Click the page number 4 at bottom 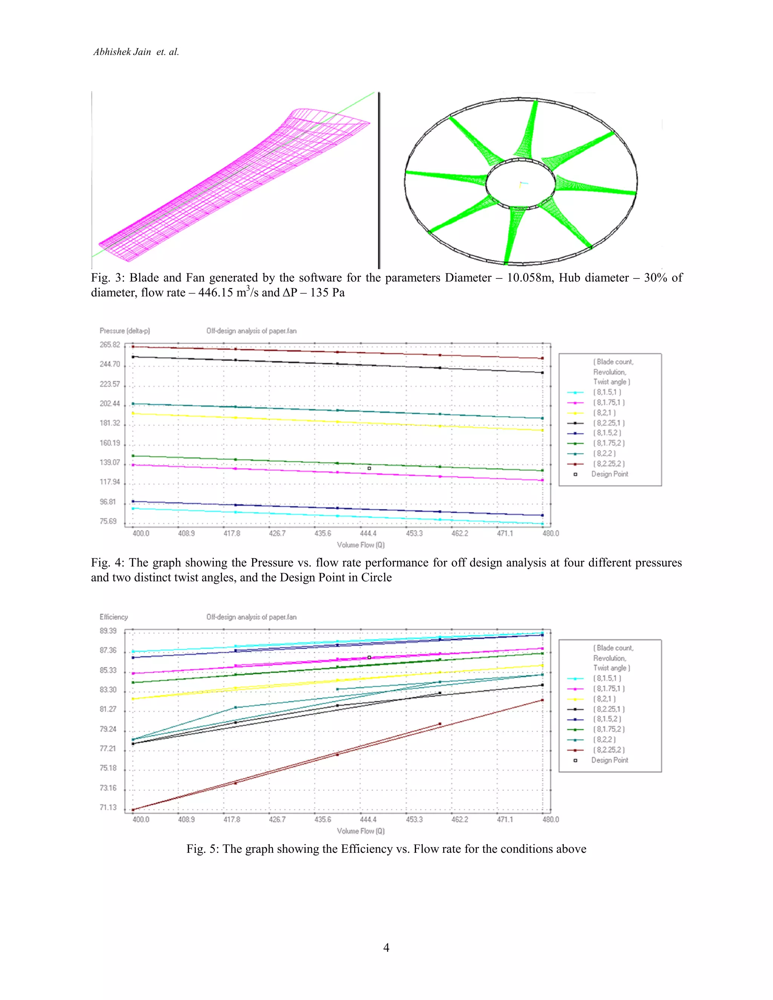click(x=386, y=947)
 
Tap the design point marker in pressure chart click(x=369, y=468)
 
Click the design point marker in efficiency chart click(x=369, y=657)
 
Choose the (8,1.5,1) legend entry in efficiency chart click(x=607, y=678)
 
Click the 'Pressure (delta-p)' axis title click(x=125, y=331)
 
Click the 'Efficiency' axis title click(x=114, y=617)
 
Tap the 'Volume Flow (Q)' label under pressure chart click(x=360, y=545)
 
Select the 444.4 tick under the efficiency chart click(x=368, y=819)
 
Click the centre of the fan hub click(x=520, y=184)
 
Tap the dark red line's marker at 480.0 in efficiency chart click(x=543, y=700)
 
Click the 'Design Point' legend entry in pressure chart click(x=610, y=474)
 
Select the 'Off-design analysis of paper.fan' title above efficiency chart click(x=251, y=617)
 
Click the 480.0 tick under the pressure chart click(x=550, y=534)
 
